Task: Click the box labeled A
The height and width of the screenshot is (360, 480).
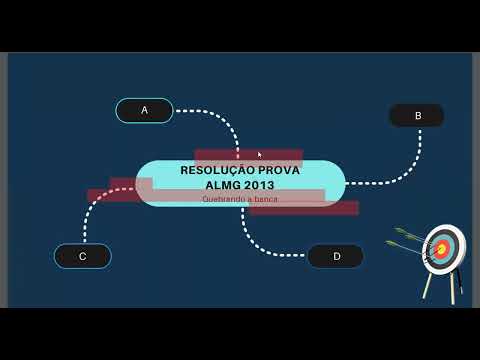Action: click(144, 110)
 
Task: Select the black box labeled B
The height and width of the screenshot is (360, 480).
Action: click(417, 116)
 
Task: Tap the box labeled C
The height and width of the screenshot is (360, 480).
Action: click(82, 256)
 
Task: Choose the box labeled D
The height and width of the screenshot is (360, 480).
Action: click(336, 256)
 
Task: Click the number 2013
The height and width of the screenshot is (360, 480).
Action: click(258, 185)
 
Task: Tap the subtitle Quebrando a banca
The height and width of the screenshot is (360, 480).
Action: click(240, 199)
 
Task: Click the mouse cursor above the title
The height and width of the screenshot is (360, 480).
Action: click(260, 155)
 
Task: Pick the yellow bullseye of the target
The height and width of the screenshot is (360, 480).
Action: click(441, 248)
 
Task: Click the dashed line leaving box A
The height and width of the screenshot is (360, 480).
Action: click(215, 116)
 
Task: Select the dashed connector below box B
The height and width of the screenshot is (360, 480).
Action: click(416, 160)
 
